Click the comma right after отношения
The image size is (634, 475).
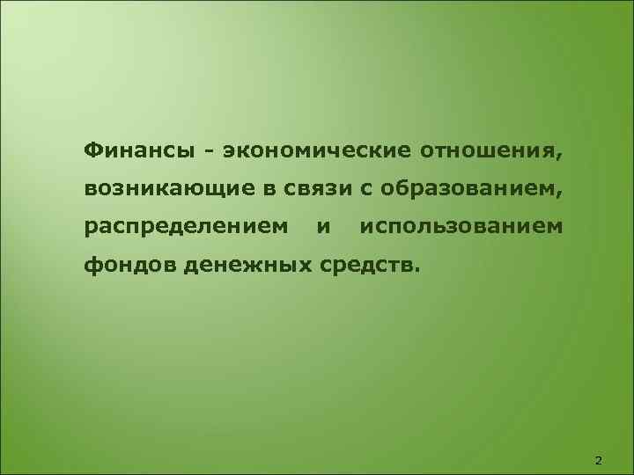point(557,155)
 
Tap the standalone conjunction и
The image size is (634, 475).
point(324,227)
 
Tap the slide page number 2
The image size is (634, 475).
point(600,460)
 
